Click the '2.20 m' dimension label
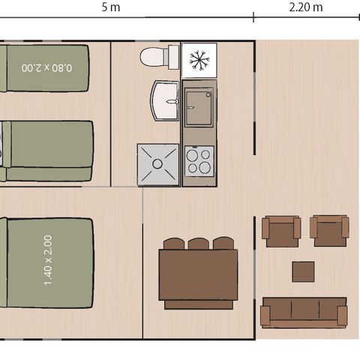306,7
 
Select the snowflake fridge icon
199,60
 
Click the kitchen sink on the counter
199,106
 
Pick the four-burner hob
199,160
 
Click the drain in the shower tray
158,163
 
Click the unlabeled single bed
48,151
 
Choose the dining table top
198,274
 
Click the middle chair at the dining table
199,243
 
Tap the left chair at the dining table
174,243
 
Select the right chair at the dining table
223,243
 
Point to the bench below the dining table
198,304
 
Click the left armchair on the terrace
281,231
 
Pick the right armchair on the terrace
329,230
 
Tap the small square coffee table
303,271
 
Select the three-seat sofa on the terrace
304,311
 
